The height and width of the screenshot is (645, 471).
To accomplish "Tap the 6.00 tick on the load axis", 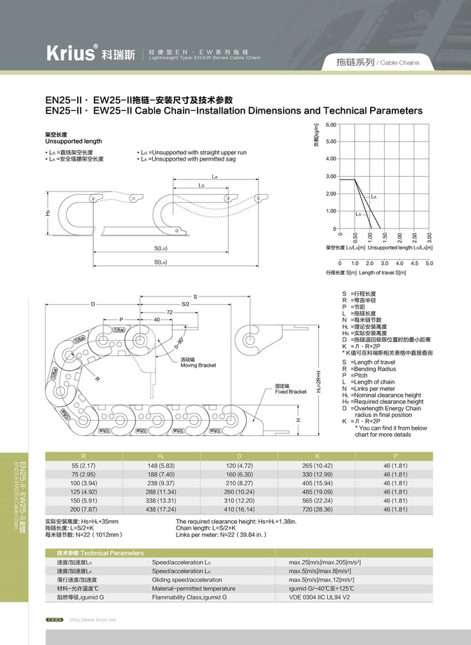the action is pos(332,125).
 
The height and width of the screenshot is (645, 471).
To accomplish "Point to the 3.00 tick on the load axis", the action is pos(332,176).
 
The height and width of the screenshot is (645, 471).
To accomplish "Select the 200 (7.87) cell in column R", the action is pos(84,510).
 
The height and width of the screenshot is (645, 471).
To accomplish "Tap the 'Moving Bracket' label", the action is pos(198,362).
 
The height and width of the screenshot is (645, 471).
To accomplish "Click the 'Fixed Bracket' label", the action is pos(290,389).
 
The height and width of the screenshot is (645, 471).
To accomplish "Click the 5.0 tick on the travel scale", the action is pos(430,263).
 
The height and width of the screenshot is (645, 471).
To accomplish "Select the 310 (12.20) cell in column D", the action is pos(238,501).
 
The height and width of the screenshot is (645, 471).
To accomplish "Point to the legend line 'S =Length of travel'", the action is pos(369,362).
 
